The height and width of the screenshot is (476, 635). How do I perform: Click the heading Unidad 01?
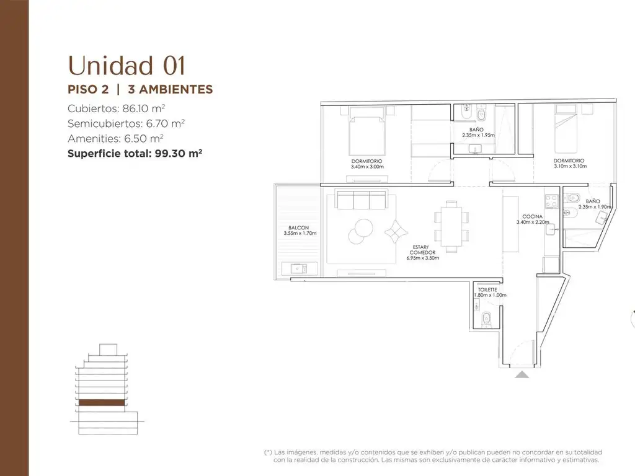(127, 66)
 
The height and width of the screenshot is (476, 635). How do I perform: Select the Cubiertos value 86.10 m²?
(143, 108)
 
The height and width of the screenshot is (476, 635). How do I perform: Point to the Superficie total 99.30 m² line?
(135, 154)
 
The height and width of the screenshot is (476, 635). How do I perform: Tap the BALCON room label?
(298, 228)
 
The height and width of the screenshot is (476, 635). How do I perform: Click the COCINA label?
(532, 216)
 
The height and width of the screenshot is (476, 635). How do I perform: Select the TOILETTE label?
(487, 290)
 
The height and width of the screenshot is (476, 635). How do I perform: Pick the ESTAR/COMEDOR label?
(422, 250)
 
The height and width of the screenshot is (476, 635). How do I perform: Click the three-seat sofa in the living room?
(362, 200)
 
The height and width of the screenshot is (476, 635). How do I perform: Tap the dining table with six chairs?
(451, 226)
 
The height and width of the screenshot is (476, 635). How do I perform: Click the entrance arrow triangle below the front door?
(522, 374)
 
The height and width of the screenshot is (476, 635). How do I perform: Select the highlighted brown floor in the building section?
(102, 402)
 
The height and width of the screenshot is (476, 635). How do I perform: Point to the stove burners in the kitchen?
(551, 201)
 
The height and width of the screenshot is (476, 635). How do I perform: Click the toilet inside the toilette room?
(486, 319)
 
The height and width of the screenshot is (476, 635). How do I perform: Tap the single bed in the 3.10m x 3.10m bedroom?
(566, 129)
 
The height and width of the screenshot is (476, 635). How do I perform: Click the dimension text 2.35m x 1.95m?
(478, 135)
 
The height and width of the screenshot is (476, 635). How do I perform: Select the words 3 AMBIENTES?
(170, 89)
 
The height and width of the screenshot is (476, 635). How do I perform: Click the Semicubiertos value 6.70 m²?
(165, 123)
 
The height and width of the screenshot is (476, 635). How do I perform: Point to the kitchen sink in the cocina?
(551, 229)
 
